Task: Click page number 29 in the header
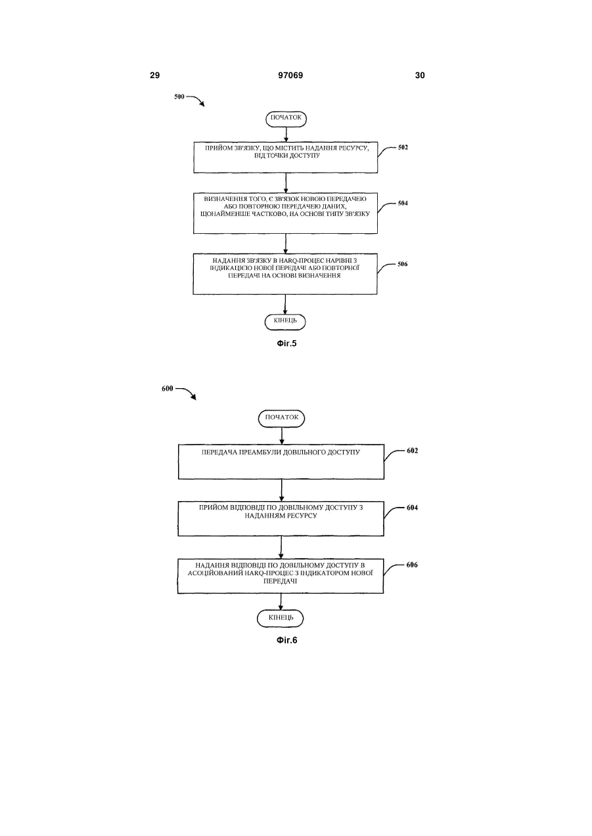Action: (x=154, y=76)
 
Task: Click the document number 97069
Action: (x=290, y=76)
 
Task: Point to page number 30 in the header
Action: (x=420, y=76)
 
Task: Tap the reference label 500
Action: (x=179, y=97)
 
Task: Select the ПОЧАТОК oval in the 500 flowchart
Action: (x=286, y=119)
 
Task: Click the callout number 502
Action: (x=403, y=147)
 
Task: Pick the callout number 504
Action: (x=403, y=204)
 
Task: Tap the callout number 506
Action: (x=402, y=264)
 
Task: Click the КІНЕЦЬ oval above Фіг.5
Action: (x=285, y=322)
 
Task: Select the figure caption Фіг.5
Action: (x=286, y=343)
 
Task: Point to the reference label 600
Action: (x=168, y=389)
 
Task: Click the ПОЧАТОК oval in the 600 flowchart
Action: (x=282, y=418)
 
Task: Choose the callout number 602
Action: (x=413, y=451)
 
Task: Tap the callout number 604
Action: (x=413, y=508)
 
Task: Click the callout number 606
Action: (x=412, y=565)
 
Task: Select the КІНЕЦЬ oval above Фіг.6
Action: (x=280, y=619)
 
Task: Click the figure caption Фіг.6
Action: (x=287, y=640)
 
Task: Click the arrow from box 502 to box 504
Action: (x=286, y=183)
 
